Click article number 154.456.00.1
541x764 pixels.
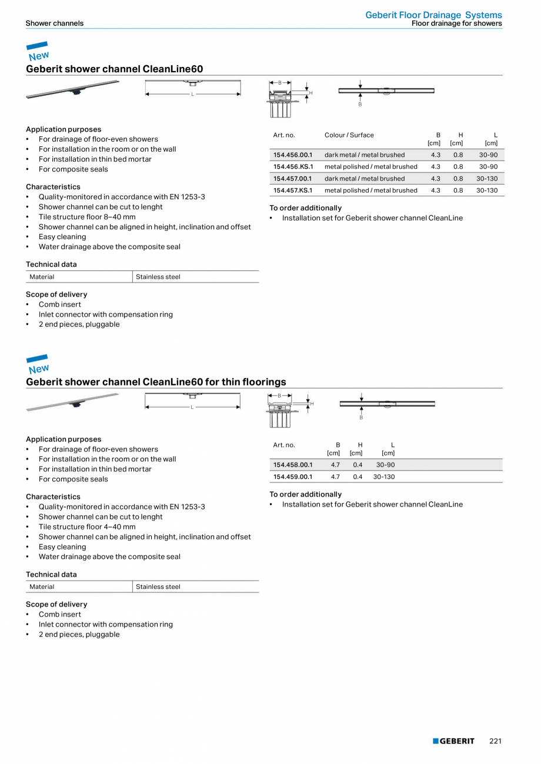293,155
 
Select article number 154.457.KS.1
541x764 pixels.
293,190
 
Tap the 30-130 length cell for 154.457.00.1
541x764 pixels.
487,179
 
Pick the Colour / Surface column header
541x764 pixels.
349,135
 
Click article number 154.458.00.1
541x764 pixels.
293,465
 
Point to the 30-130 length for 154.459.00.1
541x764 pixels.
384,477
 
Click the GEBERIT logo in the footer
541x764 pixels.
453,741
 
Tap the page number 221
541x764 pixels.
495,741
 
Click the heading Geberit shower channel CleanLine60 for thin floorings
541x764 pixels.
156,382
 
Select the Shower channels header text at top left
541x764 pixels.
54,24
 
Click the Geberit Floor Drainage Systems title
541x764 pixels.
433,15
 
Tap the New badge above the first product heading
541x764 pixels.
38,52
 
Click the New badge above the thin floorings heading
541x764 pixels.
38,364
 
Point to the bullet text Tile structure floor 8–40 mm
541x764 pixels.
87,217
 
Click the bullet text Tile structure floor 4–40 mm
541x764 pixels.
87,527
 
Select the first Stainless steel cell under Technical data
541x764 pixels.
158,277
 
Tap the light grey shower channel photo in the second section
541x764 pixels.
73,402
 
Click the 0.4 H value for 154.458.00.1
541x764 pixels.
358,465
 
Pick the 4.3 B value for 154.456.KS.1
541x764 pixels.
435,167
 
